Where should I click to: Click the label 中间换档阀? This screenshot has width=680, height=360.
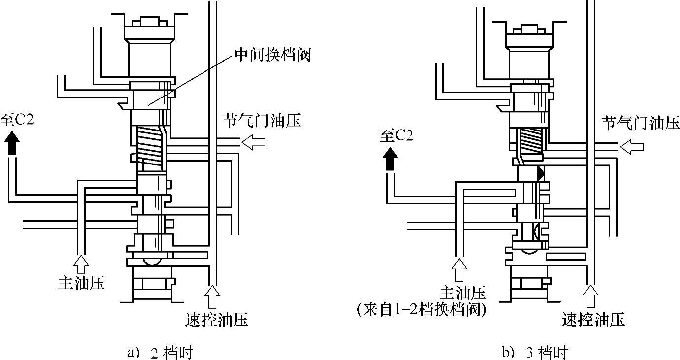pos(272,55)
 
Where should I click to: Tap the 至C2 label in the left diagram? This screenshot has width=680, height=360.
pos(17,120)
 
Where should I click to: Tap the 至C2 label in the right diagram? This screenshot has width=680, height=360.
pos(397,135)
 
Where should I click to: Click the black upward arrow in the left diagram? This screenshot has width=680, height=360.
pos(12,143)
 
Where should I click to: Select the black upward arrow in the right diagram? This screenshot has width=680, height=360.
pos(390,159)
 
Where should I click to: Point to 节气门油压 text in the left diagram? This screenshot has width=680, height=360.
pos(262,121)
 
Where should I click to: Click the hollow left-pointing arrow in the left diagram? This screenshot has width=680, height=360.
pos(253,142)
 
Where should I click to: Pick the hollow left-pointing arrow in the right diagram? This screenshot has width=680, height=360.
pos(631,147)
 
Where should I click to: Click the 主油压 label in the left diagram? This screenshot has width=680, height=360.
pos(82,283)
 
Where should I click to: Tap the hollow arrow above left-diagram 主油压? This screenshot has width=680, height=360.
pos(81,264)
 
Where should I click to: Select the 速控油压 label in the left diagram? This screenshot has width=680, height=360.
pos(217,319)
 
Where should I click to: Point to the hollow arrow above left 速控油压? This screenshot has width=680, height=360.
pos(212,296)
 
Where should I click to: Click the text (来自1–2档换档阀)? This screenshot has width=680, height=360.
pos(422,310)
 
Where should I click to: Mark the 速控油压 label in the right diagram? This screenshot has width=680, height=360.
pos(593,319)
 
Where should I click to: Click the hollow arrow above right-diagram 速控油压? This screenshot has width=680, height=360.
pos(591,296)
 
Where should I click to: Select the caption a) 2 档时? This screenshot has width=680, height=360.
pos(160,353)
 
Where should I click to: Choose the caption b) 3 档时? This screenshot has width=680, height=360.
pos(535,353)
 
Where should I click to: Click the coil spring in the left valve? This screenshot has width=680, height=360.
pos(151,148)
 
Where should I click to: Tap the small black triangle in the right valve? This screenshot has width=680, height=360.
pos(541,173)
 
